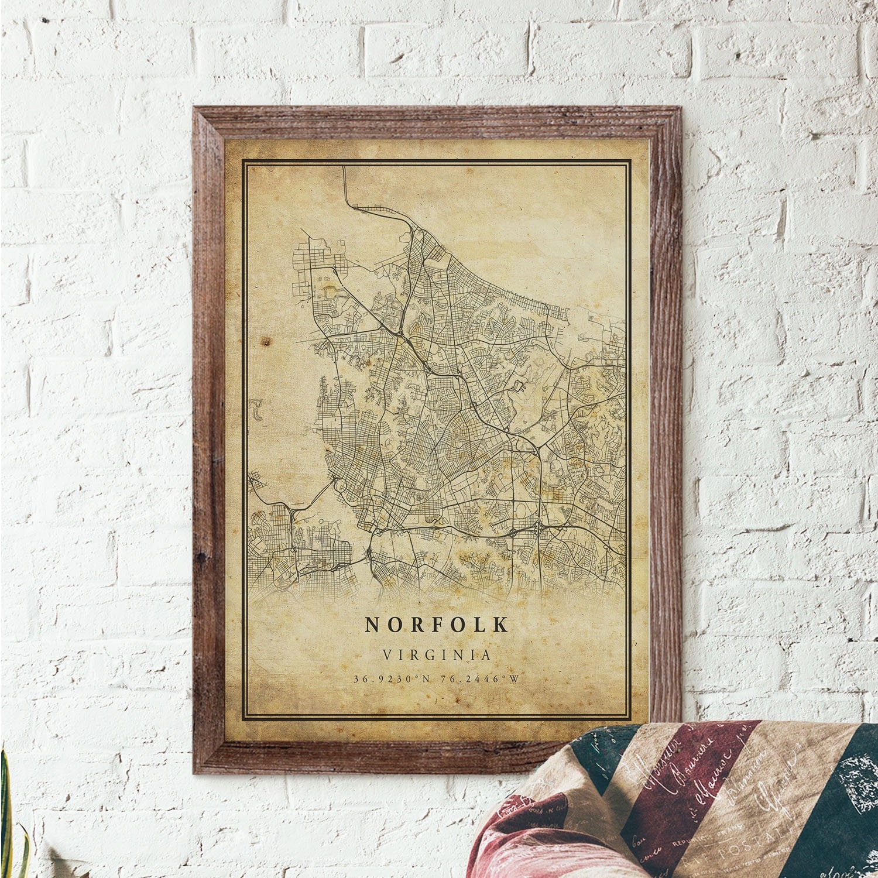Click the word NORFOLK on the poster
[x=437, y=625]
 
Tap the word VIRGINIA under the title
[x=437, y=654]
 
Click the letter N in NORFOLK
[x=372, y=625]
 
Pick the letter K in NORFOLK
[x=502, y=625]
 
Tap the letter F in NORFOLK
[x=438, y=625]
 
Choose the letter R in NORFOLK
[x=416, y=625]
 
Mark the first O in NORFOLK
[x=394, y=625]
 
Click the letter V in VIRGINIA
[x=387, y=654]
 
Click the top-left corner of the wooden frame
[x=195, y=108]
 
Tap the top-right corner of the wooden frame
[x=680, y=108]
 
